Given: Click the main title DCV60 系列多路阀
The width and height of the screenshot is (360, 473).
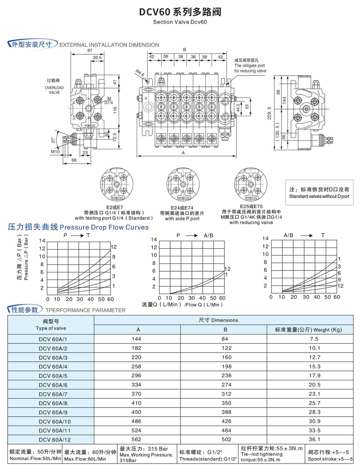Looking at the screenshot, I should point(180,12).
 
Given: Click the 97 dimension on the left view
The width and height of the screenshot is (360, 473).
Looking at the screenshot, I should point(90,51).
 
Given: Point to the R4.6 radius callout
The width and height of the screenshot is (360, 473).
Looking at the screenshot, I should point(140,73).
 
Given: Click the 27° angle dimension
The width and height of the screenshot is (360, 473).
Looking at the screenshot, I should point(53,140).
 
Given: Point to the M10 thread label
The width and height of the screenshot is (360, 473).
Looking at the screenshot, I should point(55,152).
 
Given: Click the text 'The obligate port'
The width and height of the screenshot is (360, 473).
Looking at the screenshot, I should point(249,66).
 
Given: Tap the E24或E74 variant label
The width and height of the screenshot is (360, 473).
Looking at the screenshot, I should point(182,208).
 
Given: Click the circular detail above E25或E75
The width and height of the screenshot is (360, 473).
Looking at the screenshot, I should point(251,184).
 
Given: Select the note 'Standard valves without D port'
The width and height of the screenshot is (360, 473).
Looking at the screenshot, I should point(319,196).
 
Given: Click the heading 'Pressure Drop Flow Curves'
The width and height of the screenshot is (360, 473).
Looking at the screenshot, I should point(104,227).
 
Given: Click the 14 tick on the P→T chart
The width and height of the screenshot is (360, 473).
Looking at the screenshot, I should point(42,241).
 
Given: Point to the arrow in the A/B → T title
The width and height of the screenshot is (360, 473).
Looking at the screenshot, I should point(306,235).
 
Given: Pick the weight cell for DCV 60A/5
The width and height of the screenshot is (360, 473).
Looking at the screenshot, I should point(314,376).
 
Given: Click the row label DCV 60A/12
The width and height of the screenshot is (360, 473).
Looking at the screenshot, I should point(55,440).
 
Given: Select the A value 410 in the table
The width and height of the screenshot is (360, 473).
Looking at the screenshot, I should point(136,403).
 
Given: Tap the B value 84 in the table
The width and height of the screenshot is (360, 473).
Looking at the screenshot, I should point(225,339).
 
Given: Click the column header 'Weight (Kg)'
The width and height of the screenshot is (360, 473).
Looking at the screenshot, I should point(328,330).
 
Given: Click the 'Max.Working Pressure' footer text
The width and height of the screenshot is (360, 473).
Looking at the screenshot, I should point(146,455).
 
